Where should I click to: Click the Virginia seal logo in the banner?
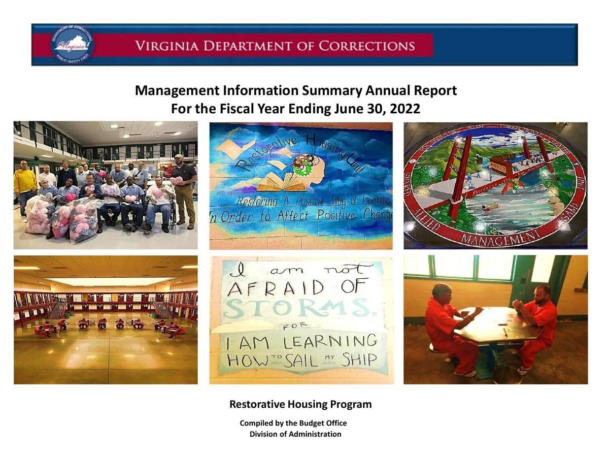pos(73,45)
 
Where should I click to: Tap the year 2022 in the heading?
pos(405,109)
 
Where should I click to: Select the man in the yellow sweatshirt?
pos(24,188)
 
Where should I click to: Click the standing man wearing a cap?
pos(184,188)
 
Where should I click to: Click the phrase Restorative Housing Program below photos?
pos(300,405)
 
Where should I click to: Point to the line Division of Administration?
pos(295,434)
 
